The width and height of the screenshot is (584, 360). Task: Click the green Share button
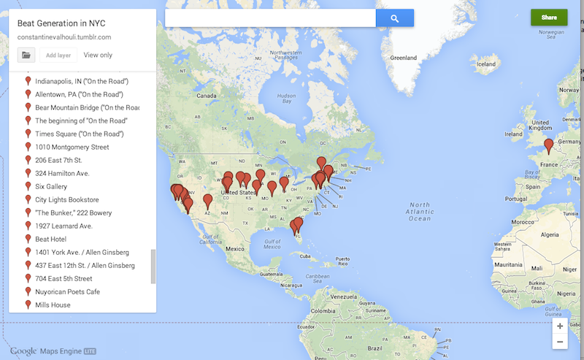(x=549, y=18)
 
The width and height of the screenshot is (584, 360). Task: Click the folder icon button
(x=26, y=55)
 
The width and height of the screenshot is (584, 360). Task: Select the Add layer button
(x=58, y=55)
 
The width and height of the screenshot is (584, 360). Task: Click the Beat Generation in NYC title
(x=61, y=23)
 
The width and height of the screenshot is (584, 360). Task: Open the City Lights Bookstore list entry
(x=66, y=199)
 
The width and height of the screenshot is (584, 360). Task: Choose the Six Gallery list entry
(x=51, y=186)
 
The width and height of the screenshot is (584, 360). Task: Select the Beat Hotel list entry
(x=51, y=239)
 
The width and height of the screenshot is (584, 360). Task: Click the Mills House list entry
(x=53, y=305)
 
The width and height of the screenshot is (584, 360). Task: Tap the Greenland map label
(x=403, y=57)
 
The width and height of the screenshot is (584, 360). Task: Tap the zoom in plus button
(x=560, y=326)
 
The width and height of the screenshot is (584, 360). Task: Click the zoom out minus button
(x=560, y=342)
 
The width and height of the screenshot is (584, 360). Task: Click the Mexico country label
(x=234, y=248)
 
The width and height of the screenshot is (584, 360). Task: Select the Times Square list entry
(x=79, y=134)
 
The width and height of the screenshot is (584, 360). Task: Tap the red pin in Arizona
(x=208, y=199)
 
